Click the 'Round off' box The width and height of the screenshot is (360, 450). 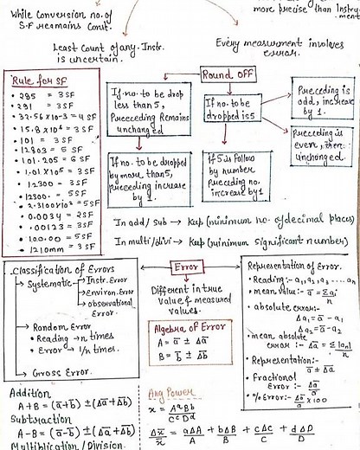[228, 75]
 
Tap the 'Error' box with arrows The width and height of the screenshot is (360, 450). [187, 267]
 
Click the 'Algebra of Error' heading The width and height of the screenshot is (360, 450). [183, 328]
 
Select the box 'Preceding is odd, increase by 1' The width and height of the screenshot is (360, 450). [318, 98]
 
